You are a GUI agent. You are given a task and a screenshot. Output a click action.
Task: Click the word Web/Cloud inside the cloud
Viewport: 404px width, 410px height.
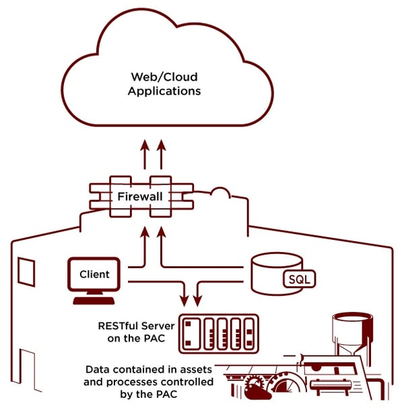pyautogui.click(x=164, y=77)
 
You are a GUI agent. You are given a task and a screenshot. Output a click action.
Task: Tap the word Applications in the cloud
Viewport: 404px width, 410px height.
pyautogui.click(x=164, y=90)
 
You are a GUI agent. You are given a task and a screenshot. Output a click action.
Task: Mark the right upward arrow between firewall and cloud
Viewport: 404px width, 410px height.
pyautogui.click(x=160, y=154)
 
